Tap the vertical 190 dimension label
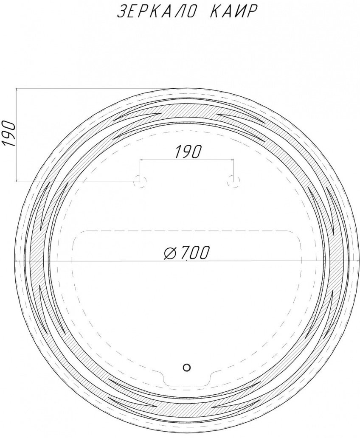pos(9,134)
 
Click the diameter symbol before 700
pos(170,253)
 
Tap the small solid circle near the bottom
pos(187,367)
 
